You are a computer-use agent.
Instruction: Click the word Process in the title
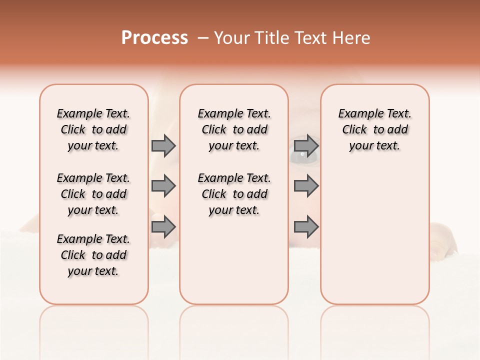(x=154, y=37)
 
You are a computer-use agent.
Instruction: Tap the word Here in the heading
(x=352, y=38)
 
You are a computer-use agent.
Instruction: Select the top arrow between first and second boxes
(x=163, y=145)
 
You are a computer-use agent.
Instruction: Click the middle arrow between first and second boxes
(x=163, y=186)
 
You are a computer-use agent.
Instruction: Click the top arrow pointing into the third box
(x=306, y=145)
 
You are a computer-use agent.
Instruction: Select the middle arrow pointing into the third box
(x=306, y=186)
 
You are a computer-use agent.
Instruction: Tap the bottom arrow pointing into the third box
(x=306, y=227)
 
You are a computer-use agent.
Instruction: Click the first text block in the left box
(x=93, y=129)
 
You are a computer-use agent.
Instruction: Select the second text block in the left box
(x=93, y=194)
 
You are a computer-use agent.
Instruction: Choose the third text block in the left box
(x=93, y=255)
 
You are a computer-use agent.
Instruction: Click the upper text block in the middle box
(x=234, y=129)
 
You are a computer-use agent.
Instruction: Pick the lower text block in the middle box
(x=234, y=194)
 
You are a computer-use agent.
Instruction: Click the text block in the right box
(x=374, y=129)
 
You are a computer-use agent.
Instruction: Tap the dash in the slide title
(x=203, y=38)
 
